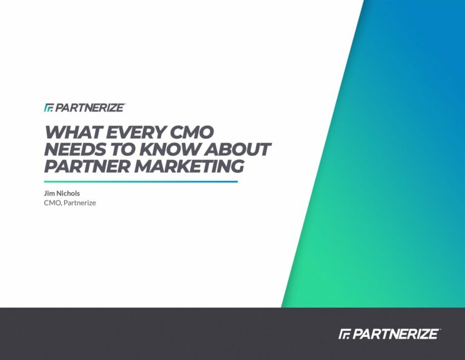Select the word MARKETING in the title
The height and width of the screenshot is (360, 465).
pos(189,166)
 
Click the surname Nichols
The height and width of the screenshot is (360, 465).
pos(68,193)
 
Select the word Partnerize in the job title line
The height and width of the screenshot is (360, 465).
pos(80,203)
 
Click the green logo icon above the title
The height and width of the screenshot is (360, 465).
pos(48,108)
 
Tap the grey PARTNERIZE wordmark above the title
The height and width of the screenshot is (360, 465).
pos(89,108)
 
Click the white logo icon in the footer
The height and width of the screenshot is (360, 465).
pos(345,334)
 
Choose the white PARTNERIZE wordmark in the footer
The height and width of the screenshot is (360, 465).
pos(395,334)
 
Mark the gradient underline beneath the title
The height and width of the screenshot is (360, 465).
pos(141,182)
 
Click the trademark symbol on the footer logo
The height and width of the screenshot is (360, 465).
pos(440,329)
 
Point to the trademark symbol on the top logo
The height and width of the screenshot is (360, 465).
pos(125,104)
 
